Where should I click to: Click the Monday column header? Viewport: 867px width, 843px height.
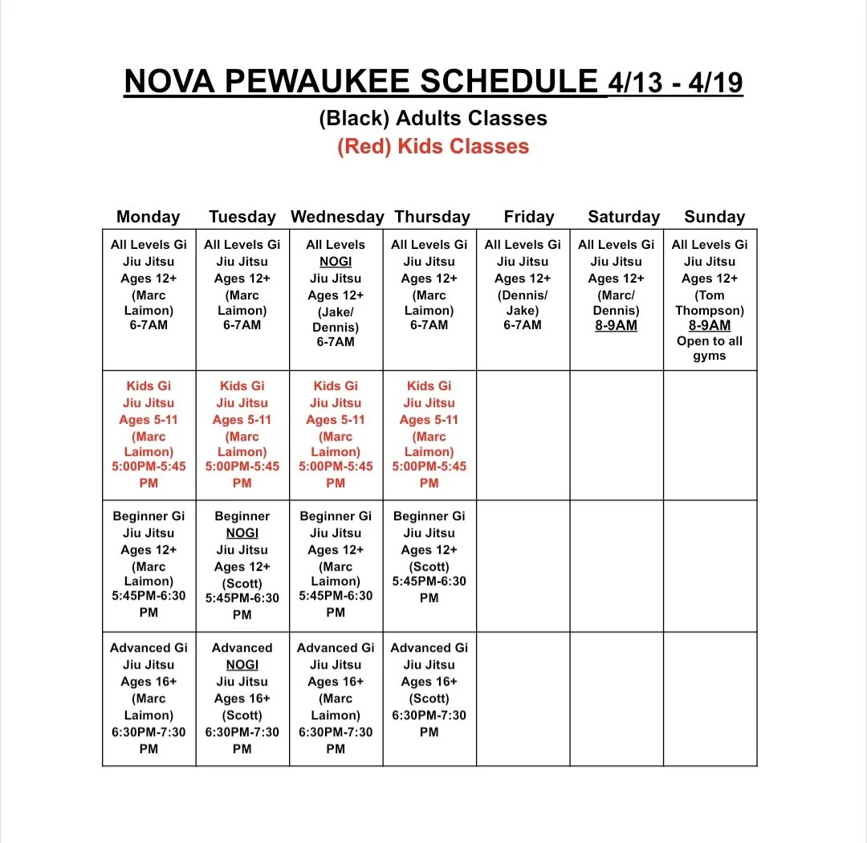tap(149, 217)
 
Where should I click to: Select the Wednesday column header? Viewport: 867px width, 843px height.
tap(337, 217)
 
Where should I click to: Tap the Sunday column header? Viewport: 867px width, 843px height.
tap(714, 217)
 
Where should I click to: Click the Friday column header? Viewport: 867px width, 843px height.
tap(529, 217)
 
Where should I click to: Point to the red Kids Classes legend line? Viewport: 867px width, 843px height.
tap(433, 147)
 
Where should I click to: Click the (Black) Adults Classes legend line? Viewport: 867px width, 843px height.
tap(433, 118)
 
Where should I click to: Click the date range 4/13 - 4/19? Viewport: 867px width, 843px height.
tap(676, 83)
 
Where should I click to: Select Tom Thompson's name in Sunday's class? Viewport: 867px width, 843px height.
tap(710, 303)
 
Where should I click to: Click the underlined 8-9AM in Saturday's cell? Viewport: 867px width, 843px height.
tap(616, 326)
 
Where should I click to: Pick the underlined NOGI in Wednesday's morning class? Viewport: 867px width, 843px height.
tap(336, 262)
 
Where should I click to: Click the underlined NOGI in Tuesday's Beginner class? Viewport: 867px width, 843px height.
tap(242, 533)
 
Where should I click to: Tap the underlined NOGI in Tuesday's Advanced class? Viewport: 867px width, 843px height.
tap(242, 665)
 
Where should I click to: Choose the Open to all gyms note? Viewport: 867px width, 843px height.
tap(710, 348)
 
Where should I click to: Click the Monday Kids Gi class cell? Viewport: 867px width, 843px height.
tap(149, 434)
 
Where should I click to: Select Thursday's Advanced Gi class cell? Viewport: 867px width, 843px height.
tap(429, 698)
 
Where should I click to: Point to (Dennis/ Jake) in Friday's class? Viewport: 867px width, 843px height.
tap(523, 303)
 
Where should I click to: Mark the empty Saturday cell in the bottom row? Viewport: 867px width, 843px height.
tap(617, 698)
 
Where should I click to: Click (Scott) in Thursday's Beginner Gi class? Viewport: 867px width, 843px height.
tap(429, 566)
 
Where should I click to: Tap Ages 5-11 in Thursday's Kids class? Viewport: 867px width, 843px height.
tap(429, 420)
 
